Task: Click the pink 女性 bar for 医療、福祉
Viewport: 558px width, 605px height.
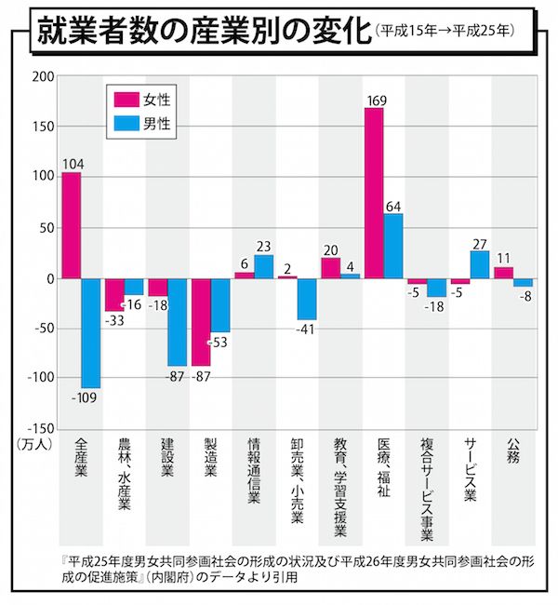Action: tap(374, 193)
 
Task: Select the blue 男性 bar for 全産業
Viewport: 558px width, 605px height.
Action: tap(92, 332)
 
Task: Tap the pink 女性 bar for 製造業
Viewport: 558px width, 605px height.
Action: tap(201, 321)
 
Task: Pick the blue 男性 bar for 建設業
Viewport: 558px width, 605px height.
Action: tap(178, 321)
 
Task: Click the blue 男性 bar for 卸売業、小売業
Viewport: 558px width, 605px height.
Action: tap(307, 299)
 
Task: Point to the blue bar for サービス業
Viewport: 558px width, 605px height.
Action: tap(479, 264)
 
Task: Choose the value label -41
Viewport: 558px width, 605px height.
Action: tap(308, 329)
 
